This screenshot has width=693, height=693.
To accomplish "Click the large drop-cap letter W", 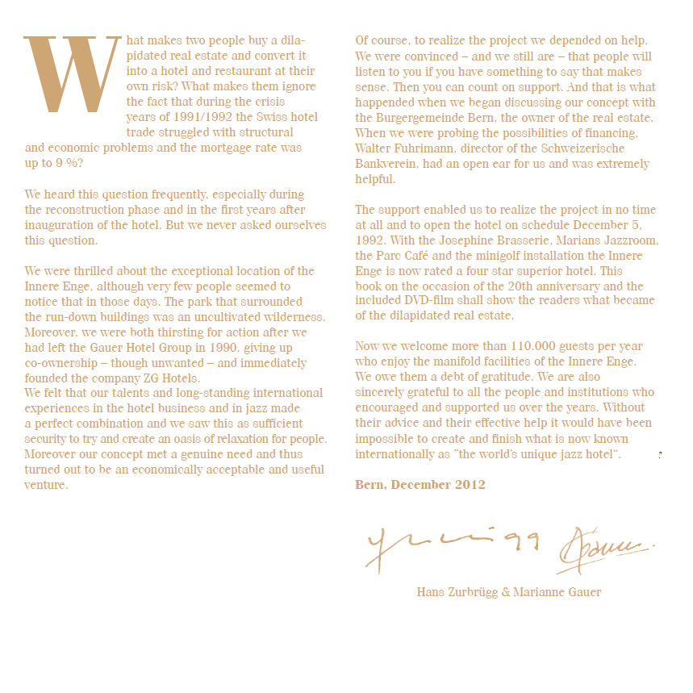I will point(73,74).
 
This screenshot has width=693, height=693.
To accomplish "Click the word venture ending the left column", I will point(46,485).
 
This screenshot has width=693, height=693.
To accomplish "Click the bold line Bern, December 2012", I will point(420,485).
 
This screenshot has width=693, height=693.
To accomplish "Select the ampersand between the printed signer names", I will point(507,592).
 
